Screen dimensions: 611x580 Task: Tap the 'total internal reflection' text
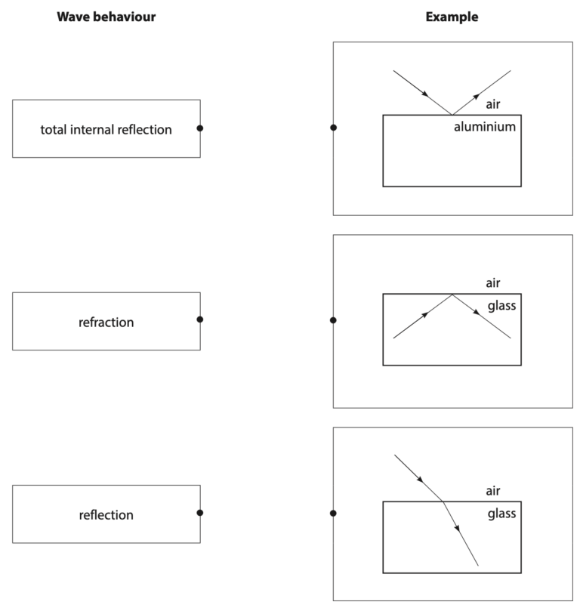tap(106, 130)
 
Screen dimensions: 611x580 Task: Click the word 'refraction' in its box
tap(106, 322)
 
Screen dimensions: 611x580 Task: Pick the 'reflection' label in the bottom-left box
tap(106, 516)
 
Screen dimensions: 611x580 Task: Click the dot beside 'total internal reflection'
tap(200, 128)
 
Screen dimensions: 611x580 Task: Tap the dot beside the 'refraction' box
tap(200, 319)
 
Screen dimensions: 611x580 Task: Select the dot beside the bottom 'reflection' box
tap(200, 513)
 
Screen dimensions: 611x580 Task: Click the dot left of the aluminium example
tap(334, 128)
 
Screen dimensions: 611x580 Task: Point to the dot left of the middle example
tap(334, 320)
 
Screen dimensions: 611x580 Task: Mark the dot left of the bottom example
tap(334, 514)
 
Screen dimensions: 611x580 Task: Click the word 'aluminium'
tap(485, 127)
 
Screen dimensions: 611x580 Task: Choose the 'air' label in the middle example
tap(493, 283)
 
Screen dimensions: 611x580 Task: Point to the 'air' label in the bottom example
tap(493, 491)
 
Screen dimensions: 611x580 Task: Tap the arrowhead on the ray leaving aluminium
tap(477, 95)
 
